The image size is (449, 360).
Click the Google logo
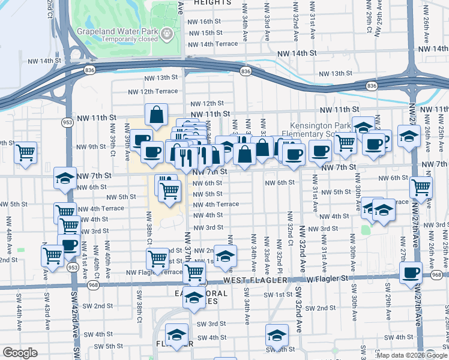20,353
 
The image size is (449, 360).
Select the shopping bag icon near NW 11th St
156,116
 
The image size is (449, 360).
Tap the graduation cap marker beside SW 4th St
276,335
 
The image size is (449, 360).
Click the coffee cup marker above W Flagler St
411,273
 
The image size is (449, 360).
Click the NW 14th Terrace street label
213,44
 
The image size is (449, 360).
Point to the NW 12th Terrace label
152,91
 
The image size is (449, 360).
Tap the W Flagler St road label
327,278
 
